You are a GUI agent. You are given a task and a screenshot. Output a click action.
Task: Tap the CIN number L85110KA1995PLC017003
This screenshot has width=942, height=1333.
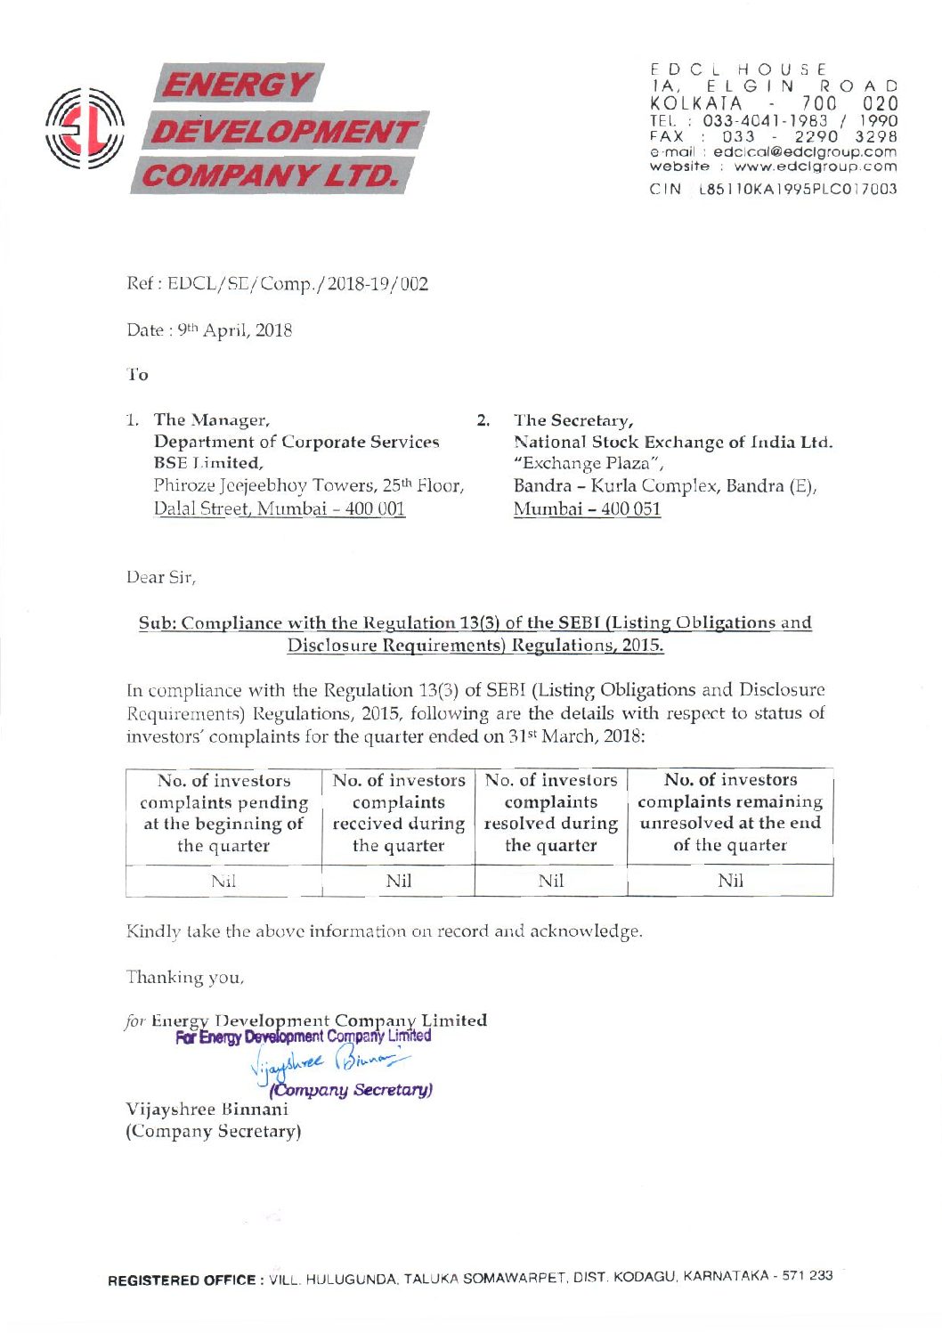pyautogui.click(x=798, y=189)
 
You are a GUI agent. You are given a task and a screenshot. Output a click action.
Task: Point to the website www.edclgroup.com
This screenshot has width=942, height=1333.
pyautogui.click(x=815, y=167)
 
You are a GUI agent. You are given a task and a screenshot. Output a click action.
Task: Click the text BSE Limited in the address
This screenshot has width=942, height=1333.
pyautogui.click(x=207, y=463)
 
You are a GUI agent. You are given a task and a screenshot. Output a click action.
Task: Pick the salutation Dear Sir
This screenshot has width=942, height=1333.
pyautogui.click(x=161, y=577)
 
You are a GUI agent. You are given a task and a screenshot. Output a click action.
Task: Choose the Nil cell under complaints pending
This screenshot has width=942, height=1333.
pyautogui.click(x=223, y=882)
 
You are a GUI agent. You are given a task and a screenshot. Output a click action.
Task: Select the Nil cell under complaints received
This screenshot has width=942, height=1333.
pyautogui.click(x=398, y=882)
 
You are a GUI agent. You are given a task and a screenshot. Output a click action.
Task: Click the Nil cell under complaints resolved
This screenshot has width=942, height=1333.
pyautogui.click(x=551, y=882)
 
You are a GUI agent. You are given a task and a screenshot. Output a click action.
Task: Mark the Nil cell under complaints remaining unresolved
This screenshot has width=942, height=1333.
pyautogui.click(x=730, y=882)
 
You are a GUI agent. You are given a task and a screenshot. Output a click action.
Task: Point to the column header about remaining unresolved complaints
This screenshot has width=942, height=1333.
pyautogui.click(x=730, y=812)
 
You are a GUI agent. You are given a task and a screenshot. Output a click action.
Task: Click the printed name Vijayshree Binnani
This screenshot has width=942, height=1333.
pyautogui.click(x=207, y=1109)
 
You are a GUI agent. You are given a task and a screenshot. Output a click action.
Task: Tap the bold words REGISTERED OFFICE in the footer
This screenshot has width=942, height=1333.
pyautogui.click(x=182, y=1280)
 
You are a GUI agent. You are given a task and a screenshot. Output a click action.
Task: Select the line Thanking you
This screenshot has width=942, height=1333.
pyautogui.click(x=184, y=978)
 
